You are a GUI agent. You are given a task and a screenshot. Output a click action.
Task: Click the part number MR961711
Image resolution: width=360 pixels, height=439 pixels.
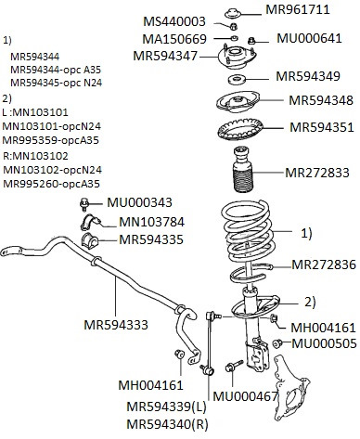point(298,9)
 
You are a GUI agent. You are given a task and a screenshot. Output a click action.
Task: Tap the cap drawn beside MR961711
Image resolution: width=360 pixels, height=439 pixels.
point(232,13)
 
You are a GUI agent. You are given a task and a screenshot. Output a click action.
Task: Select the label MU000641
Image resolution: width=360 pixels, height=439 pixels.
point(309,38)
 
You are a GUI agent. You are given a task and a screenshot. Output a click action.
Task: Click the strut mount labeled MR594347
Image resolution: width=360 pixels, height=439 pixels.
point(238,57)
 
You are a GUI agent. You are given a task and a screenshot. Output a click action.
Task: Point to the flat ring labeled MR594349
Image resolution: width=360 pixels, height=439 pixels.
point(238,79)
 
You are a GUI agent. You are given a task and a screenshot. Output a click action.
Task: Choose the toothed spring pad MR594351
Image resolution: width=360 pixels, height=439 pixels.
point(240,130)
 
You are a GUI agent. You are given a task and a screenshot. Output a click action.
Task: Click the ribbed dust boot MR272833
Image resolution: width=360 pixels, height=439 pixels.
point(242,169)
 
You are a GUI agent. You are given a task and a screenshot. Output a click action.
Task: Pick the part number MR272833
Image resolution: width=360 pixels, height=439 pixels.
point(317,173)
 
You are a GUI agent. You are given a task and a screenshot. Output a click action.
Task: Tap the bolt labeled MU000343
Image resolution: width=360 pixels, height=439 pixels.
point(84,204)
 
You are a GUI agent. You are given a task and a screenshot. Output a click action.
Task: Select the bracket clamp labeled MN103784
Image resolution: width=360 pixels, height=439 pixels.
point(91,223)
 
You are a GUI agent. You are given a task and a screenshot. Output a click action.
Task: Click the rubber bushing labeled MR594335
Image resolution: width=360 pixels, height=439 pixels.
point(89,239)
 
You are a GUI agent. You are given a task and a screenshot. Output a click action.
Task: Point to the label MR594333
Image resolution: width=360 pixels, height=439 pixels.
point(116,325)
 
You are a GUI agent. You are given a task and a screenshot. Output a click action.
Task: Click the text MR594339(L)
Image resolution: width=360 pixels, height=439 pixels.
point(166,407)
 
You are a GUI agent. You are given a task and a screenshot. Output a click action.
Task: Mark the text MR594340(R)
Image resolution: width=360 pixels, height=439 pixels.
point(167,424)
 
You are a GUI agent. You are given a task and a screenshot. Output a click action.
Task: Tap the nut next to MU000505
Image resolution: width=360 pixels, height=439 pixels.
point(277,343)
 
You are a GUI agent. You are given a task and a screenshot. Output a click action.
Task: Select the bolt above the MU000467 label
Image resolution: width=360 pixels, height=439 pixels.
point(234,366)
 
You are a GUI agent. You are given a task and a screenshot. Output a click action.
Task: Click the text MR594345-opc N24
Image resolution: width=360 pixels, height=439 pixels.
point(57,83)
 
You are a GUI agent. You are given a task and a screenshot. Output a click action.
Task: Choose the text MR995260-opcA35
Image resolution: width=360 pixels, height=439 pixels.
point(52,184)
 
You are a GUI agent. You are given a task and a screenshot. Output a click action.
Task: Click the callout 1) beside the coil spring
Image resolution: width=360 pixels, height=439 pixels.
point(306,233)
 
